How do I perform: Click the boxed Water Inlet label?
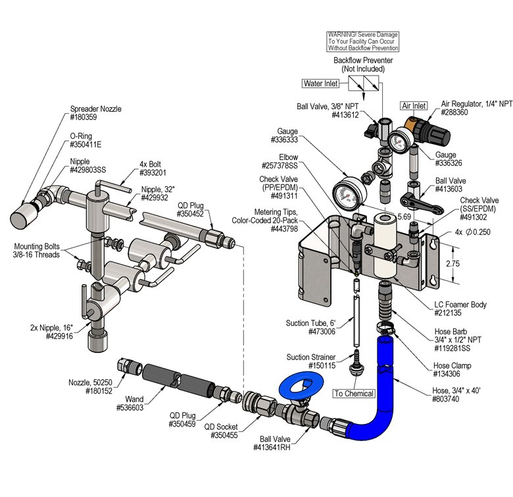coord(321,84)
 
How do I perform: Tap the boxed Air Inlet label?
coord(414,106)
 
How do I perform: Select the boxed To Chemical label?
coord(354,394)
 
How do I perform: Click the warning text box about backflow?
coord(363,41)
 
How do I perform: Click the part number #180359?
coord(84,117)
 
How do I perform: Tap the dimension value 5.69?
coord(404,217)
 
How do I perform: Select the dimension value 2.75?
coord(452,263)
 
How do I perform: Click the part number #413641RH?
coord(272,447)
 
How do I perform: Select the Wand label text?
coord(134,399)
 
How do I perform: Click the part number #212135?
coord(448,313)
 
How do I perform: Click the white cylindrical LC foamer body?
coord(385,245)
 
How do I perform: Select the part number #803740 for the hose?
coord(445,399)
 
